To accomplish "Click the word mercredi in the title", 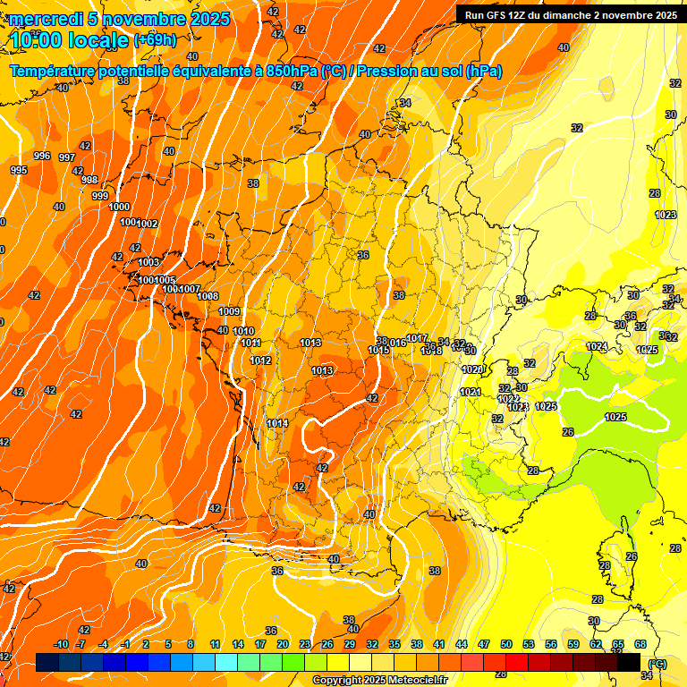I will [x=45, y=19].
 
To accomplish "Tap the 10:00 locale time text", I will [x=69, y=40].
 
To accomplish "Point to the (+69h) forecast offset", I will [x=156, y=40].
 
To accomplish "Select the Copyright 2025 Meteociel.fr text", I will [x=379, y=680].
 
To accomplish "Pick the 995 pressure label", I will [x=19, y=170].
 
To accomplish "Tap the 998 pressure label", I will [x=89, y=180].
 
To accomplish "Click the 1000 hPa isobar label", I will [x=119, y=207].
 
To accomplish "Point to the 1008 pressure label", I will [x=208, y=296].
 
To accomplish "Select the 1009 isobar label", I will [x=229, y=311].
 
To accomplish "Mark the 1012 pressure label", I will [x=260, y=360].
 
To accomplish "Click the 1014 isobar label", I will [x=277, y=423].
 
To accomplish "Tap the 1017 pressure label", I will [x=417, y=338].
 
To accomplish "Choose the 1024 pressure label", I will [x=597, y=346].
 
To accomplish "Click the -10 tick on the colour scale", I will [x=61, y=644].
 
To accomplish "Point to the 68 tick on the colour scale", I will [x=640, y=644].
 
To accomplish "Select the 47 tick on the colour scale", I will [x=484, y=644].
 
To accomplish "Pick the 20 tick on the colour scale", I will [x=283, y=644].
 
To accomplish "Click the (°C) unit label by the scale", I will [x=658, y=664].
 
